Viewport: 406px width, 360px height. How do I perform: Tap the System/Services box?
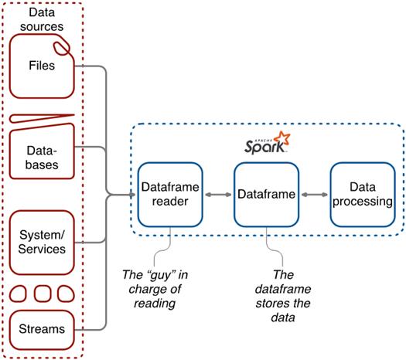click(x=43, y=240)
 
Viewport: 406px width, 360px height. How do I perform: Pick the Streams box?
click(x=43, y=330)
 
